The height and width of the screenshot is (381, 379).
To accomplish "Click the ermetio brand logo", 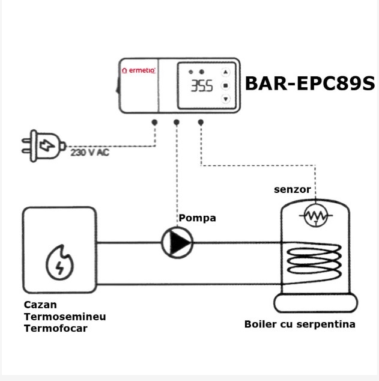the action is pos(138,70).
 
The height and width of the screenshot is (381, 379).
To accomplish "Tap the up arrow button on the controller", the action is pos(226,72).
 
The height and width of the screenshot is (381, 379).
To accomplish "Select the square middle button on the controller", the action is pos(226,85).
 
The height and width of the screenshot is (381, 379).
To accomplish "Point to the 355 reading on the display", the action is pos(202,86).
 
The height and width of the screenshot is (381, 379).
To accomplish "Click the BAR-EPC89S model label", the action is pos(310,84).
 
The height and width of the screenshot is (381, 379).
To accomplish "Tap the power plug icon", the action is pos(44,146).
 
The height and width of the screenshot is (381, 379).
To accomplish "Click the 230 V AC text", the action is pos(90,153).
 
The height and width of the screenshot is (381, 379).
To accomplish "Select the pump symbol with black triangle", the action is pos(177,243).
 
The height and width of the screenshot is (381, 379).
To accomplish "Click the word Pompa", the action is pos(198,218).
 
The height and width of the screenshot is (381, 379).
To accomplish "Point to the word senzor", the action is pos(293,189).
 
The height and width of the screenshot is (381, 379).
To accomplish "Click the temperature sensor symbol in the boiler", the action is pos(315,216).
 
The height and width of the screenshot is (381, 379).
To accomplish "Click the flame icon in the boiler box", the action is pos(59,263).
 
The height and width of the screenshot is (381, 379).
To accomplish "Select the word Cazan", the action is pos(40,305).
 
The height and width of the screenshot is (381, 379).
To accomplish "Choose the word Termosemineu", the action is pos(65,317).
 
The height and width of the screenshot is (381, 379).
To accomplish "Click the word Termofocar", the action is pos(56,329).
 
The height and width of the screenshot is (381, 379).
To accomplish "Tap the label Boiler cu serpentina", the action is pos(300,325).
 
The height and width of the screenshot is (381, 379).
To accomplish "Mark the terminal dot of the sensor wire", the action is pos(201,123).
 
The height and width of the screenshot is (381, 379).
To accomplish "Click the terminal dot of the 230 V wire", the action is pos(154,123).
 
